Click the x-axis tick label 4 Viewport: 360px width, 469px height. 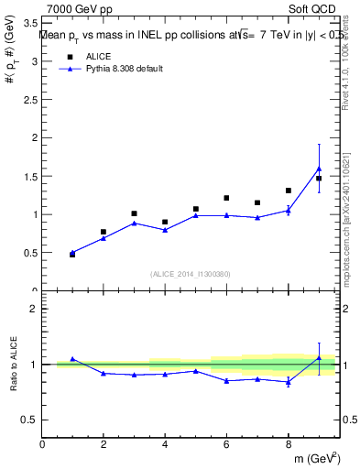(x=165, y=445)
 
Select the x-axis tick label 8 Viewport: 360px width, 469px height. (x=288, y=445)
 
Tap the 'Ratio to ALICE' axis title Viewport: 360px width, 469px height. (x=12, y=364)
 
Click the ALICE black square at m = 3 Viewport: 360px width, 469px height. (x=134, y=213)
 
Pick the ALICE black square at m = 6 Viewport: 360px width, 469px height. (x=226, y=198)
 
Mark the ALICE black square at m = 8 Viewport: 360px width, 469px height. (x=288, y=191)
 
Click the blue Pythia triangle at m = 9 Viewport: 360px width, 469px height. (x=319, y=169)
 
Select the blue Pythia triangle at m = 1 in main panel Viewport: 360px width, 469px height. (x=72, y=253)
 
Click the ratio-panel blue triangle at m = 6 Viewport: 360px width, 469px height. (x=226, y=380)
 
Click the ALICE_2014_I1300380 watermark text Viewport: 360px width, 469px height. (x=191, y=273)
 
